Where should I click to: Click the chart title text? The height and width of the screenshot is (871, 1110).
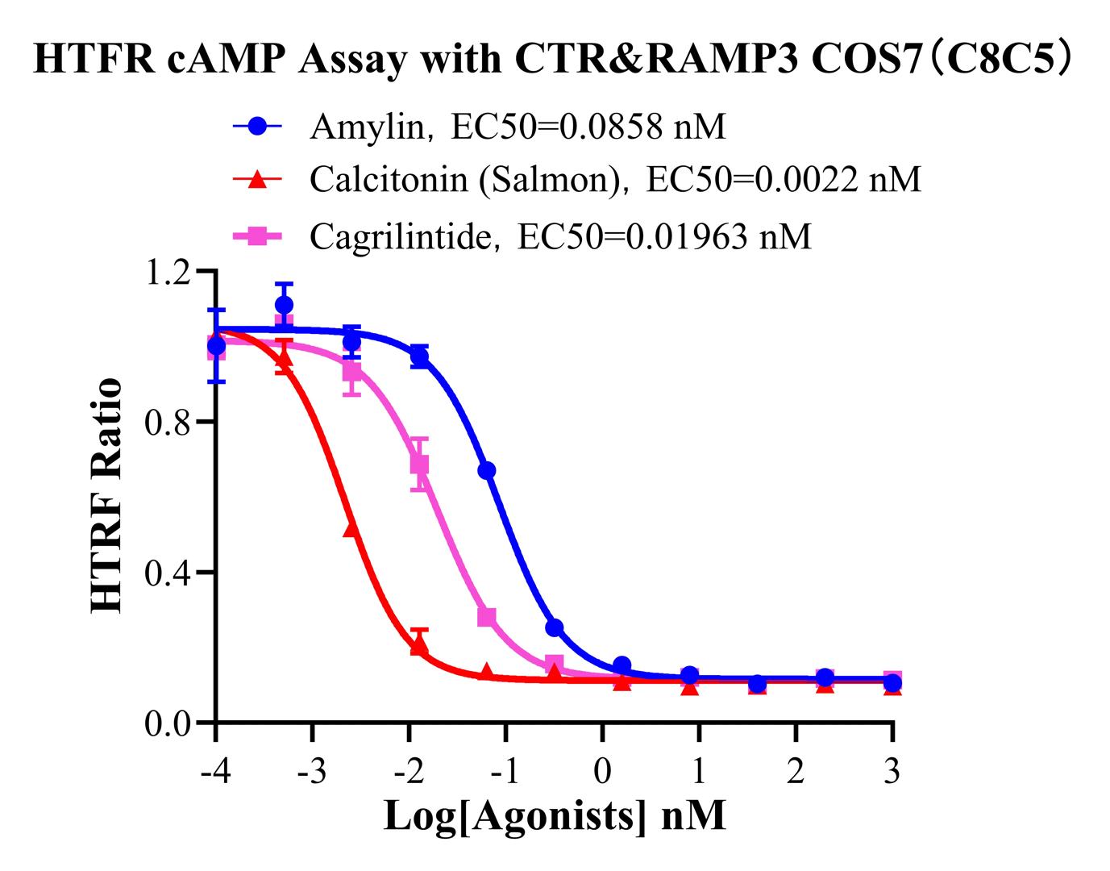554,60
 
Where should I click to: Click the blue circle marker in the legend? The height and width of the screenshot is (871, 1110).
257,127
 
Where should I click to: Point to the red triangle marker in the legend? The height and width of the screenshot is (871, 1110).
257,179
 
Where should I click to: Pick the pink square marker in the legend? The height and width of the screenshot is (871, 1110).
257,236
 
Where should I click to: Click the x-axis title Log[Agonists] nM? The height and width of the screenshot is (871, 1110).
555,815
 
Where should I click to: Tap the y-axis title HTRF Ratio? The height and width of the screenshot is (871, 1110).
107,496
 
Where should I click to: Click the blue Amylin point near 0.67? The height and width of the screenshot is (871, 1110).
487,470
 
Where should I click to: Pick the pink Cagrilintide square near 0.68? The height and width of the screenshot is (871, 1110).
419,465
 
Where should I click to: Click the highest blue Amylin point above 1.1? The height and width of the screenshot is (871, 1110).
284,305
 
